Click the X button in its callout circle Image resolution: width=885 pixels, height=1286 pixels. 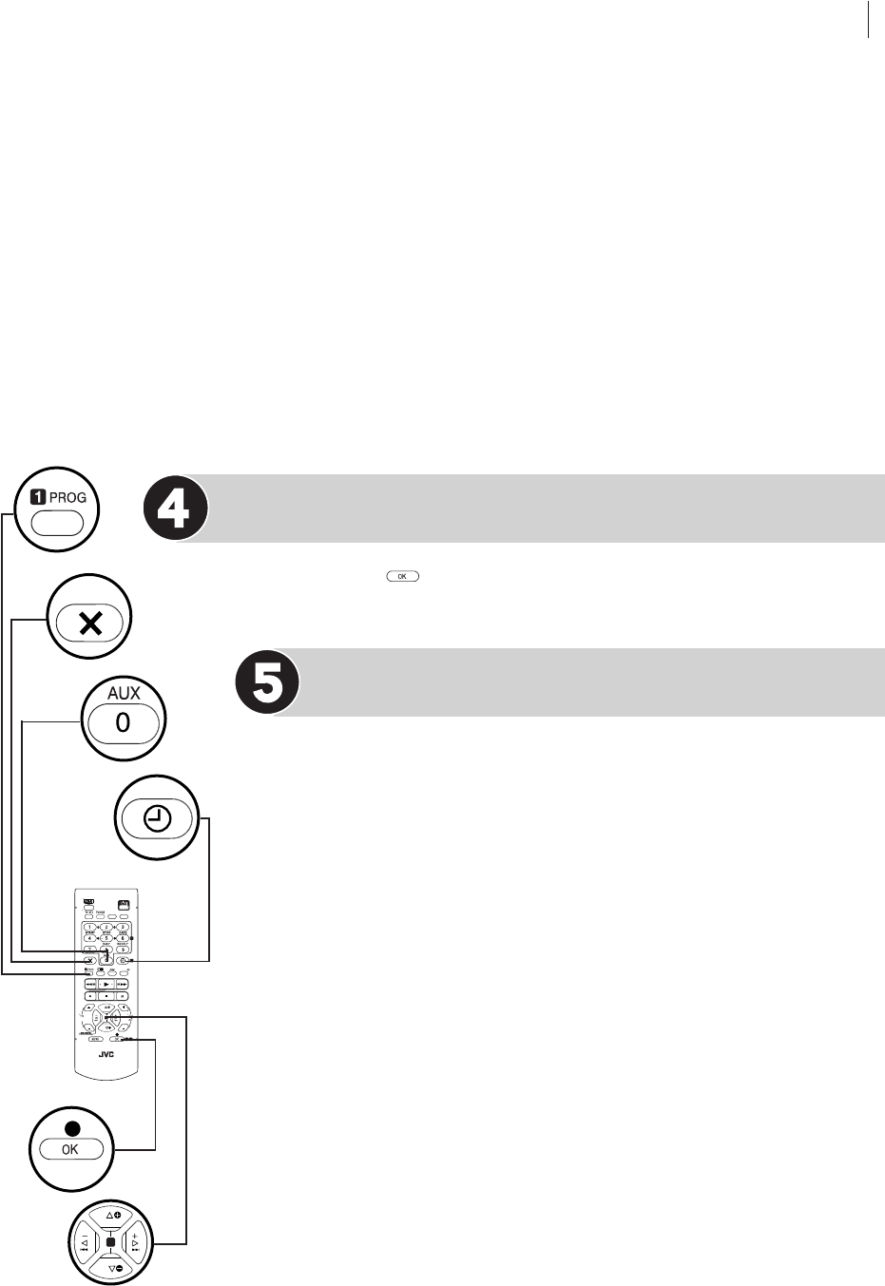(91, 624)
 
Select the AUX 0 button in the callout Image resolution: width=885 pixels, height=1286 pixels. (123, 722)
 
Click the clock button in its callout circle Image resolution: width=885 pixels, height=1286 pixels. (157, 817)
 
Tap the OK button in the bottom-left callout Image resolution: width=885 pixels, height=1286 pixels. (71, 1149)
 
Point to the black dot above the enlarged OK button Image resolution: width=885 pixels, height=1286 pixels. (71, 1129)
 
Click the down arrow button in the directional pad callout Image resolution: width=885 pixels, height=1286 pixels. (112, 1268)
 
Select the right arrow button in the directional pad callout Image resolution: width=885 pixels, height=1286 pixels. (139, 1242)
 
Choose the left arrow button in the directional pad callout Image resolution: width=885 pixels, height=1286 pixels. (85, 1242)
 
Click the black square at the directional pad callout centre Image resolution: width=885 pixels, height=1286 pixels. (111, 1242)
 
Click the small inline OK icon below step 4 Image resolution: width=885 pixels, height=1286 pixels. (402, 576)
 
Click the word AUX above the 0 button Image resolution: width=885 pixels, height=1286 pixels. (123, 695)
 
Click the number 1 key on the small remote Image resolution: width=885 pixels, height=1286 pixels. (89, 927)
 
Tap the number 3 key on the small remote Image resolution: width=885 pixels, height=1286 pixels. (124, 927)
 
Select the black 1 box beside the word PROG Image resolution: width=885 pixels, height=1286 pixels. (39, 497)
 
